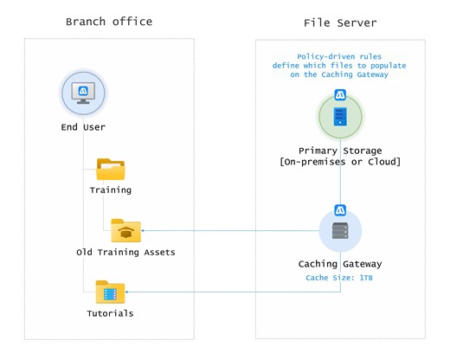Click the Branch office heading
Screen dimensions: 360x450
tap(108, 22)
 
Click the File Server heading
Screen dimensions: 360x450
tap(340, 22)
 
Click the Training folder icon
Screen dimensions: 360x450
tap(111, 167)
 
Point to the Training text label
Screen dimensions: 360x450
tap(111, 190)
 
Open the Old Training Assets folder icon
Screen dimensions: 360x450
tap(125, 230)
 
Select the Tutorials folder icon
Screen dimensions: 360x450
tap(111, 292)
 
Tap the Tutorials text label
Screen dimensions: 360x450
tap(111, 313)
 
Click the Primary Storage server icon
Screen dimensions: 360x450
tap(340, 115)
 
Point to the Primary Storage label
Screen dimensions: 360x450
tap(340, 151)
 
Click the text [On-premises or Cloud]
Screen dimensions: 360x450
tap(340, 163)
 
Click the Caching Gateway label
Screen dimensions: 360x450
tap(340, 264)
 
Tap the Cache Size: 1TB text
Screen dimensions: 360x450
tap(340, 279)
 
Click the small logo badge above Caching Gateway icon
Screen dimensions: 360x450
tap(340, 209)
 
